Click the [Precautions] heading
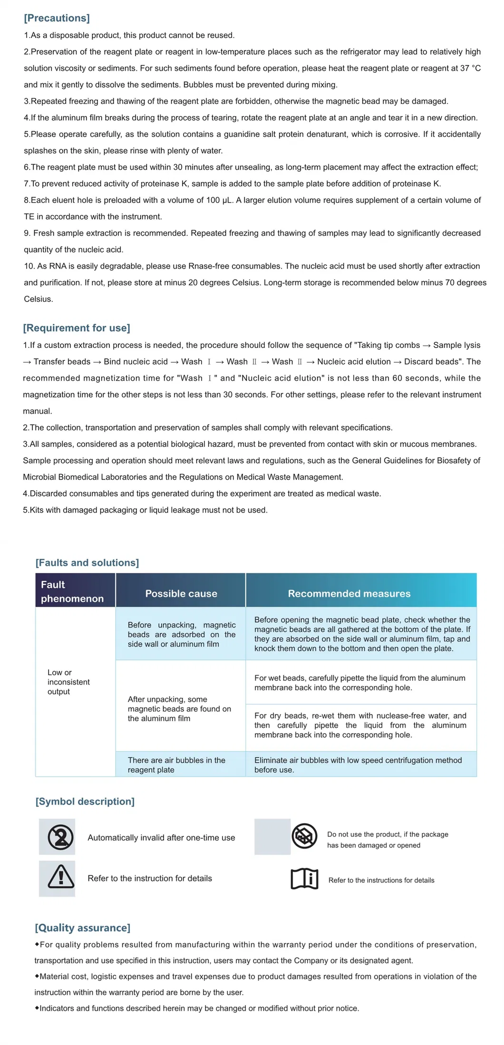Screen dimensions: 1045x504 [x=57, y=18]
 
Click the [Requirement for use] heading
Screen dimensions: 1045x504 [x=77, y=328]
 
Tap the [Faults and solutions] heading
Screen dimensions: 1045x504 [x=87, y=562]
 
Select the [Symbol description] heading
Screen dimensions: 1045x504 [x=85, y=801]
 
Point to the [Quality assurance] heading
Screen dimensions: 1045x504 [x=82, y=928]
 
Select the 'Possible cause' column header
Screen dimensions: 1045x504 [x=181, y=593]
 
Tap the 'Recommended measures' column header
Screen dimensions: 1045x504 [x=349, y=593]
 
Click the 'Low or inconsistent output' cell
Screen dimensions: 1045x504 [x=68, y=682]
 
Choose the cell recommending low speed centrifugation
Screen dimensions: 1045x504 [x=358, y=764]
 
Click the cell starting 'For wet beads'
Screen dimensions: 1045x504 [x=359, y=683]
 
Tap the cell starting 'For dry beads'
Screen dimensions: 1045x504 [x=360, y=725]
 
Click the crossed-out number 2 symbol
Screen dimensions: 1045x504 [x=60, y=837]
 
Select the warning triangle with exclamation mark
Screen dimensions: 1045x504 [x=60, y=878]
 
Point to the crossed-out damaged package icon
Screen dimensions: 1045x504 [x=304, y=836]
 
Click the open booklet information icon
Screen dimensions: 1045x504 [x=304, y=879]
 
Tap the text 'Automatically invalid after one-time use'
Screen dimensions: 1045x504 [x=161, y=838]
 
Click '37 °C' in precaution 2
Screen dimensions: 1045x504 [x=470, y=68]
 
